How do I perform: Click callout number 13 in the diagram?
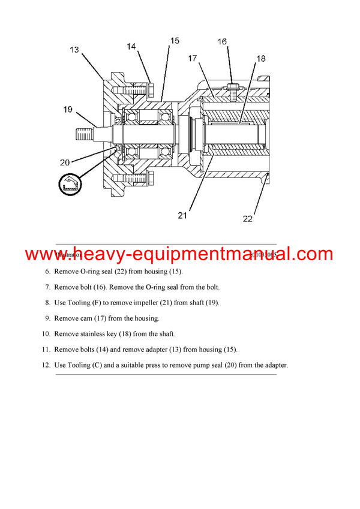(74, 50)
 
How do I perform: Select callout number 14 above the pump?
(131, 46)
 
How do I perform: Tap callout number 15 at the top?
(174, 41)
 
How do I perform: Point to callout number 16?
(222, 41)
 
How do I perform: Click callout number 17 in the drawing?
(192, 58)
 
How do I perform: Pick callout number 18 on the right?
(260, 59)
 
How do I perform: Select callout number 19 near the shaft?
(68, 110)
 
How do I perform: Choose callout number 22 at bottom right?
(247, 219)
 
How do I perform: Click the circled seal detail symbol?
(71, 184)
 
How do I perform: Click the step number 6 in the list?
(47, 272)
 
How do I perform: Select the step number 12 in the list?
(46, 365)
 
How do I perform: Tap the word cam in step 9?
(86, 318)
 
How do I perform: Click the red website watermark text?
(179, 254)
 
